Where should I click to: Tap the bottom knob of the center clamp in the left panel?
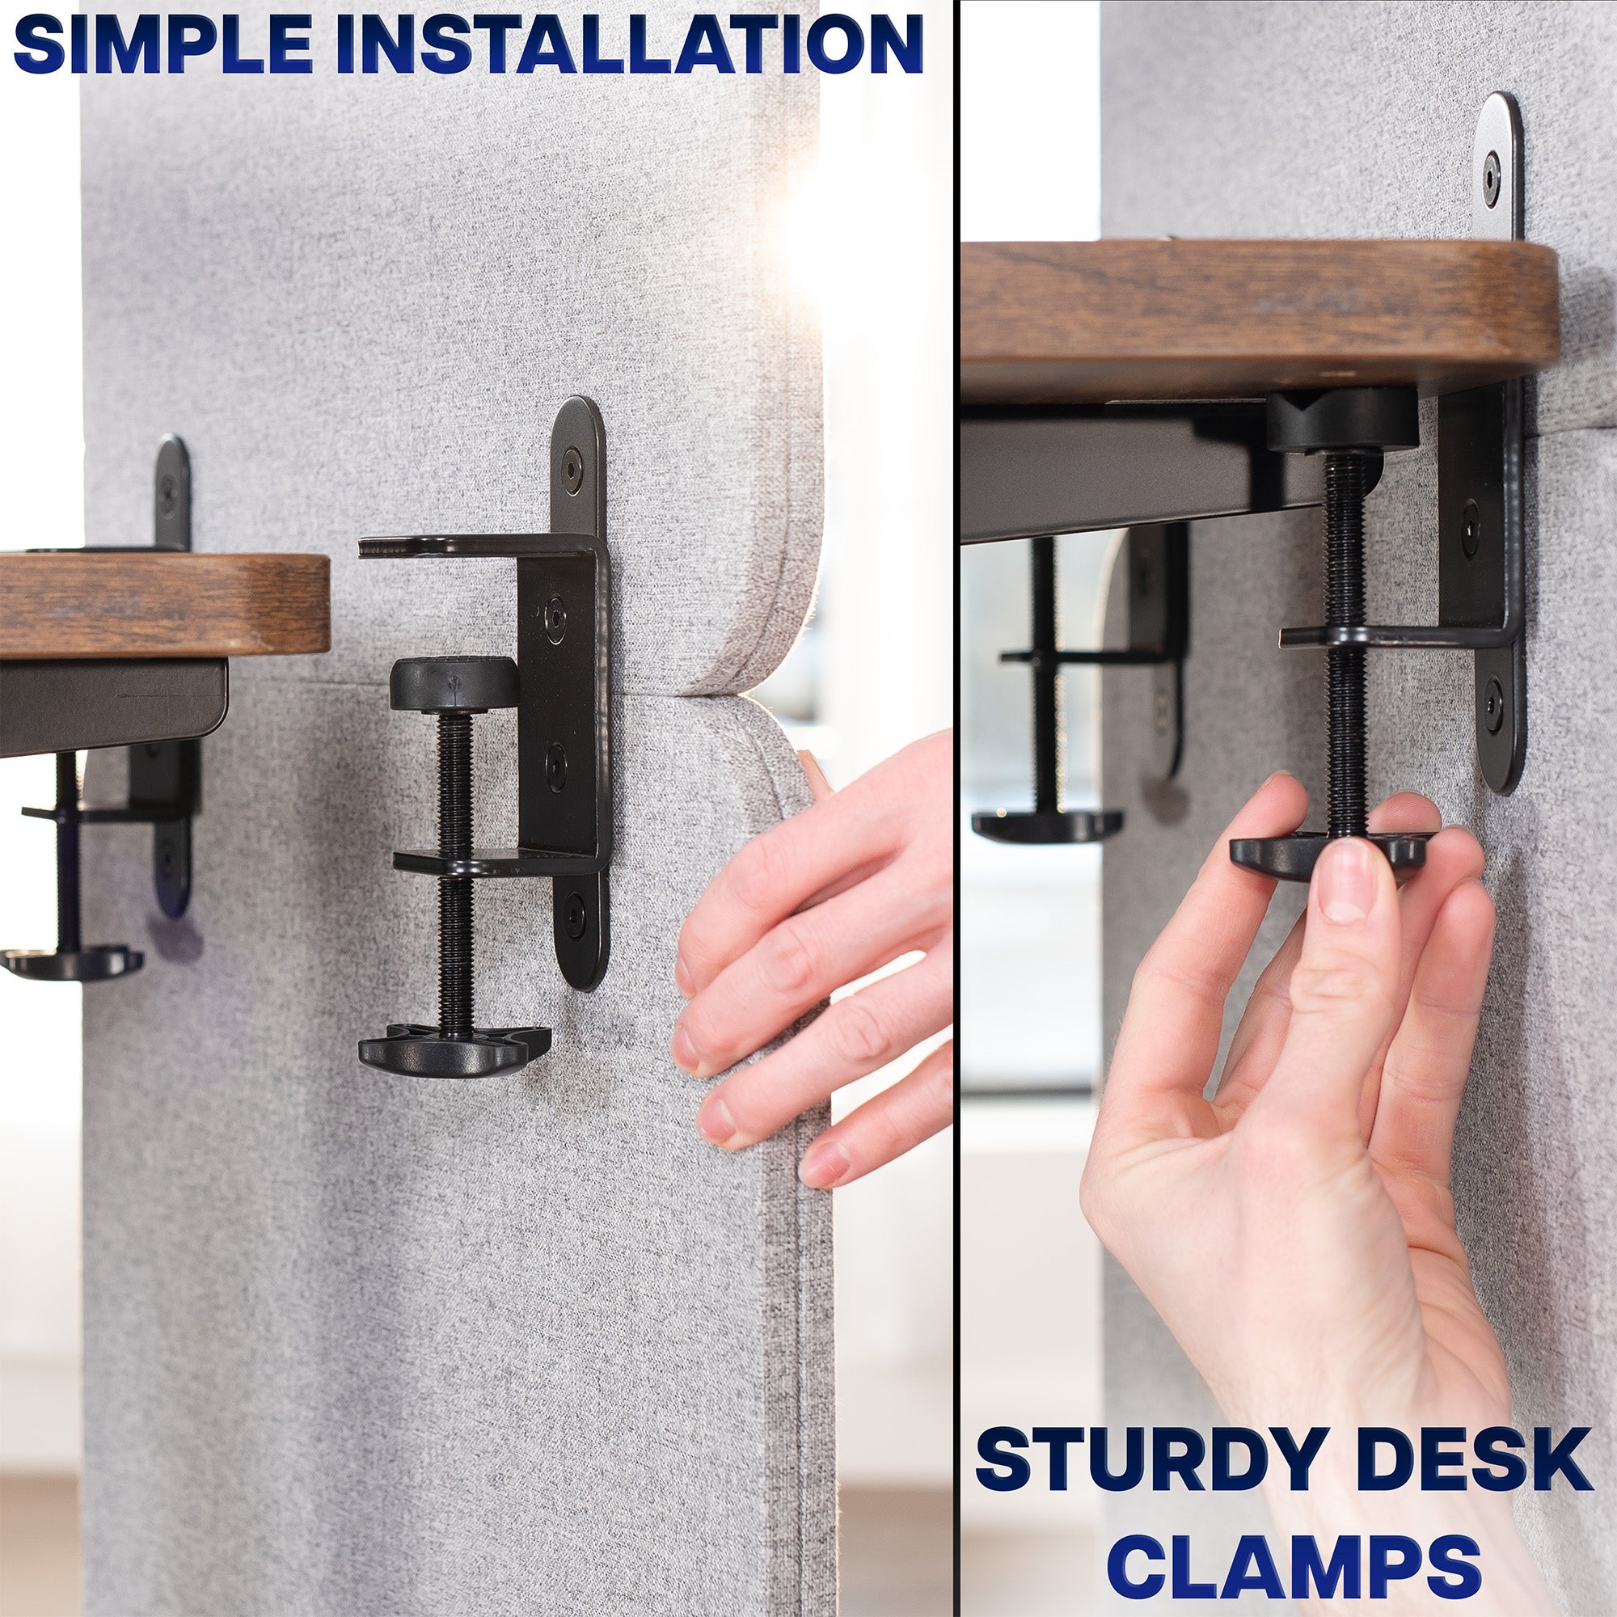point(453,1052)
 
